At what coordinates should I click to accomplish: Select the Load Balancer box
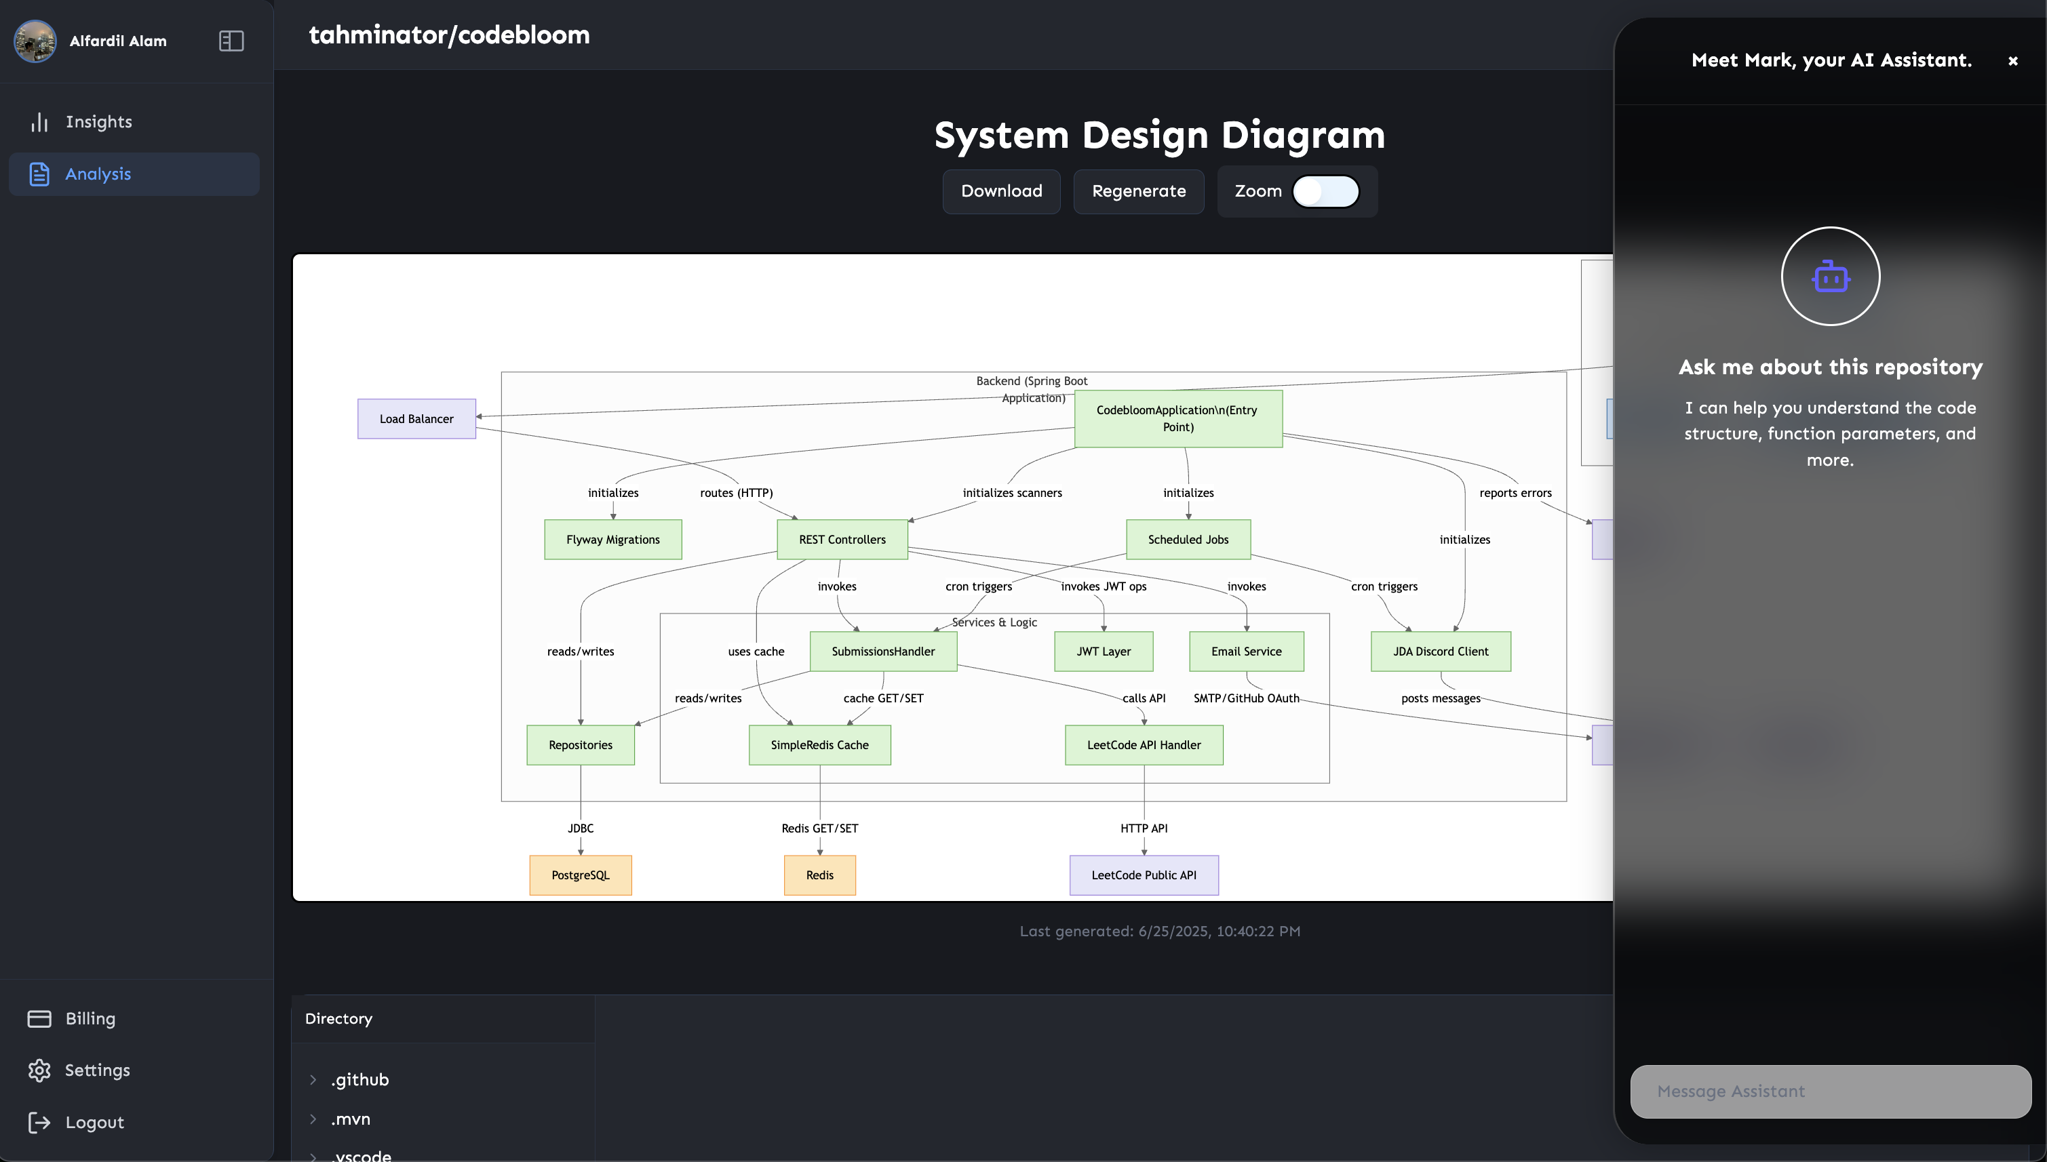point(416,419)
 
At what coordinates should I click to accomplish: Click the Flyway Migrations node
point(612,540)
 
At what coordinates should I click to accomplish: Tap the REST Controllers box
point(842,540)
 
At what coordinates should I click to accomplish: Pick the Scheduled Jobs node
point(1187,540)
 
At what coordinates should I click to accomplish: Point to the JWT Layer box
point(1104,652)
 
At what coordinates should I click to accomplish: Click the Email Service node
point(1245,652)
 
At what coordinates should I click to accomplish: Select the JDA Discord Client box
point(1439,652)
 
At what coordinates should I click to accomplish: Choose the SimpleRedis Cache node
point(819,744)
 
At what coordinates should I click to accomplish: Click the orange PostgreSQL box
point(581,875)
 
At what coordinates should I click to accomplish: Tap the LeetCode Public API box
point(1144,875)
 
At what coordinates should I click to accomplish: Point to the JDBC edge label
point(581,828)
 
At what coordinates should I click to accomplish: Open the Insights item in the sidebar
point(98,122)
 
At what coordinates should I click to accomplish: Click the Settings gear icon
point(39,1070)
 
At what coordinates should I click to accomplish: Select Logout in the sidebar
point(94,1122)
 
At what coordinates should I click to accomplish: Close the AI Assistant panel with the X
point(2012,60)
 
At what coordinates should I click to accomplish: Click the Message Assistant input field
point(1830,1091)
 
